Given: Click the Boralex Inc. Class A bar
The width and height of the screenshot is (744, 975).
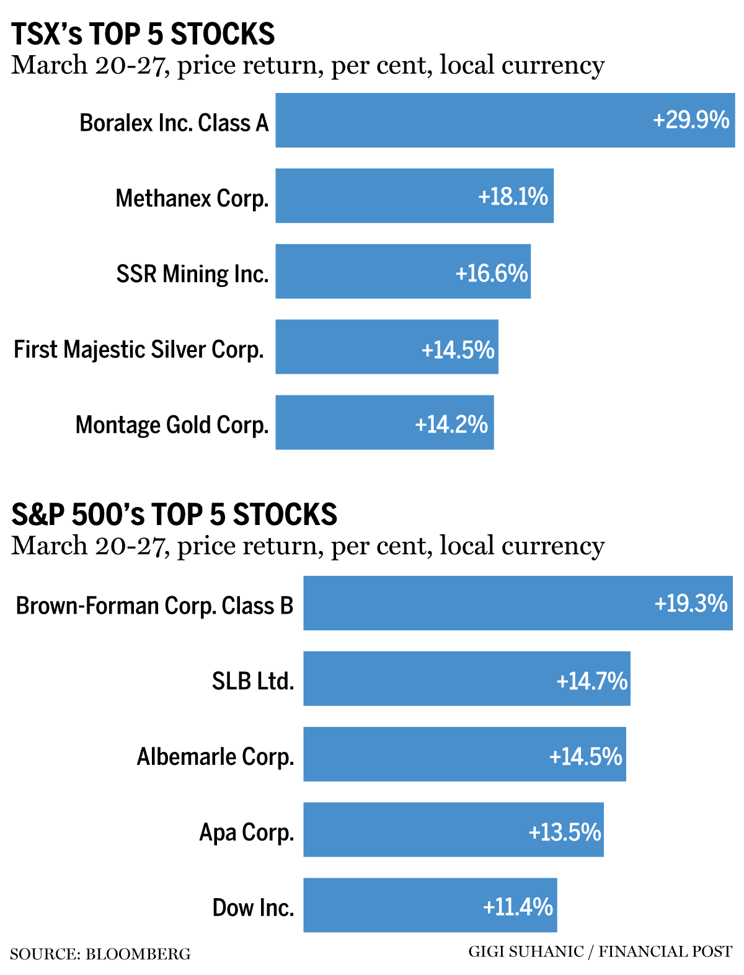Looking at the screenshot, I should (x=459, y=120).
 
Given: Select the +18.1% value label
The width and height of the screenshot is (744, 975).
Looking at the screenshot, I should (x=513, y=196).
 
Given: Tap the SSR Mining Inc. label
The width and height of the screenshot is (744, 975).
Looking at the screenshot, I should (x=192, y=273).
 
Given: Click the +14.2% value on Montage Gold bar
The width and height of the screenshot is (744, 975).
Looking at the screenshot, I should (x=451, y=425).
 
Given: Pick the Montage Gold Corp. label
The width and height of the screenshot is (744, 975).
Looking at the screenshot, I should (x=172, y=425).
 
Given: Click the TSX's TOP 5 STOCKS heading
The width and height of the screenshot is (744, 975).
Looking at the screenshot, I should (x=143, y=33).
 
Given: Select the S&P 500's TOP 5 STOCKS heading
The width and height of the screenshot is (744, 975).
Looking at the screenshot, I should (x=174, y=514).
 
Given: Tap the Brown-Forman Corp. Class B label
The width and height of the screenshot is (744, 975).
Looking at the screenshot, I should (x=154, y=606).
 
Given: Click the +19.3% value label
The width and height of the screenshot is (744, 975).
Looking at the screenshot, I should (x=691, y=603).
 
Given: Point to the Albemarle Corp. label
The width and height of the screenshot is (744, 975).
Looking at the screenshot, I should (x=215, y=757).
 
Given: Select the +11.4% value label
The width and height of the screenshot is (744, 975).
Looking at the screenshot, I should (x=518, y=907).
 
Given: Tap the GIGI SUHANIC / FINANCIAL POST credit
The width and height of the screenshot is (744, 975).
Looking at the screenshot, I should (x=600, y=951).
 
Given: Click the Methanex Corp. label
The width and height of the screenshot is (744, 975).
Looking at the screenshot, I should (x=192, y=198).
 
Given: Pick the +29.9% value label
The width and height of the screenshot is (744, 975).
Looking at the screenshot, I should (x=691, y=120).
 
